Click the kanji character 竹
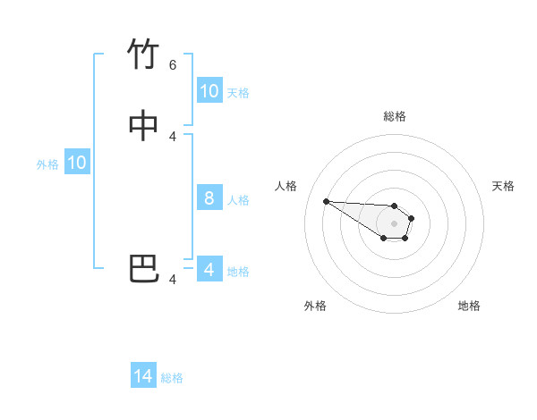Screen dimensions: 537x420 (x=143, y=55)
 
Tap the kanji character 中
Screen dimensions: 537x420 (x=143, y=126)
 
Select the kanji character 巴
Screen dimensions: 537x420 (x=143, y=268)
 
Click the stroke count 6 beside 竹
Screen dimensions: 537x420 (x=173, y=65)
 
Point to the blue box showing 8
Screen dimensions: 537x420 (x=209, y=198)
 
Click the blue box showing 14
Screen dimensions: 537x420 (x=143, y=376)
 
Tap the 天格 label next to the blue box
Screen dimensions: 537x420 (x=238, y=92)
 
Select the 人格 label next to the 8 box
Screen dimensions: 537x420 (x=238, y=199)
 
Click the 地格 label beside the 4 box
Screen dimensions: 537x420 (x=238, y=271)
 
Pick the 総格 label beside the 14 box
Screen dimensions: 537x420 (x=172, y=378)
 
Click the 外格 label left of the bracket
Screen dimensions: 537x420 (x=47, y=164)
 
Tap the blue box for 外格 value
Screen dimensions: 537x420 (x=77, y=163)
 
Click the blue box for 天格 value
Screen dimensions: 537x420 (x=209, y=91)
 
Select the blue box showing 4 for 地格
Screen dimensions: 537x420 (x=209, y=269)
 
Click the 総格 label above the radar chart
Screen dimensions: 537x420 (x=395, y=116)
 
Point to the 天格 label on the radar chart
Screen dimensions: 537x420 (x=503, y=186)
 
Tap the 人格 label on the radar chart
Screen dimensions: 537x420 (x=286, y=186)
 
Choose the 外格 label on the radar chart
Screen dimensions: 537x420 (x=315, y=306)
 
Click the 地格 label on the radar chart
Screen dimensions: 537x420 (x=469, y=306)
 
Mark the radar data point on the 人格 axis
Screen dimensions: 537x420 (x=326, y=201)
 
